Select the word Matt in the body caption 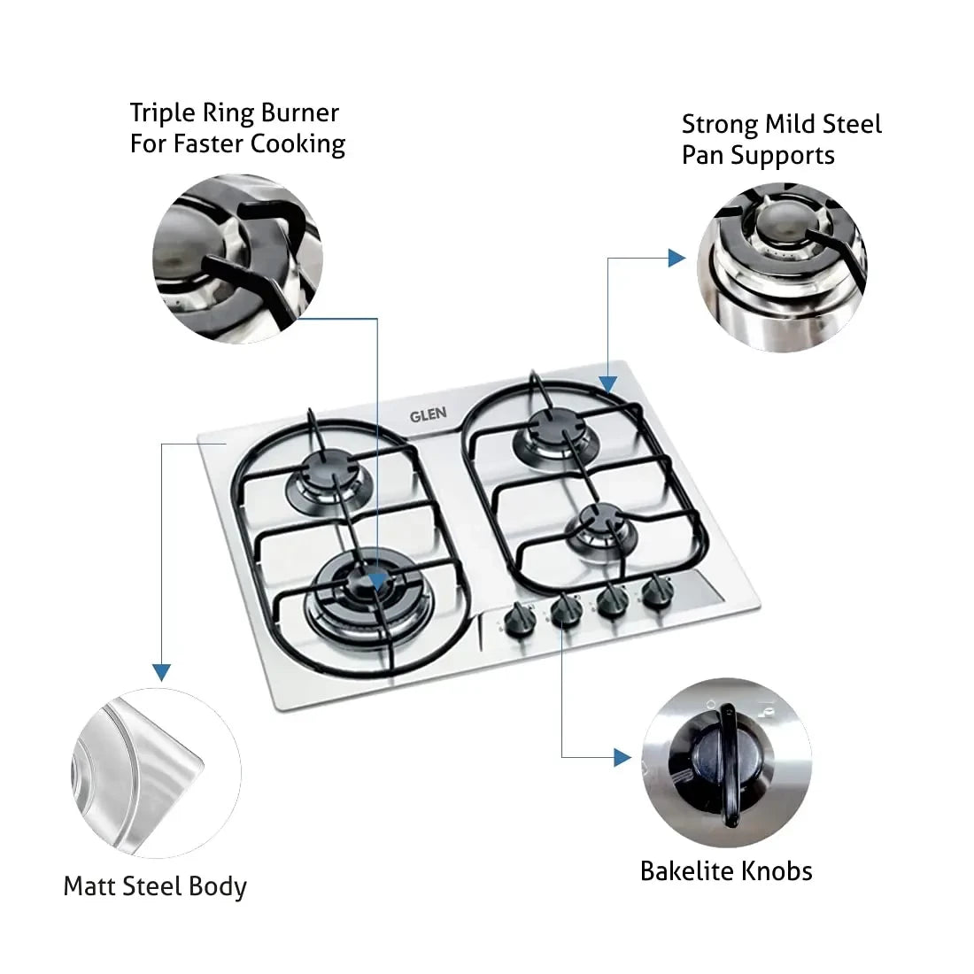pos(91,886)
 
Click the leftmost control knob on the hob pos(514,616)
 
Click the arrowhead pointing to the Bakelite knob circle pos(623,757)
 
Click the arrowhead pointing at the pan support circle pos(676,259)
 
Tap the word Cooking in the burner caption pos(298,143)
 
